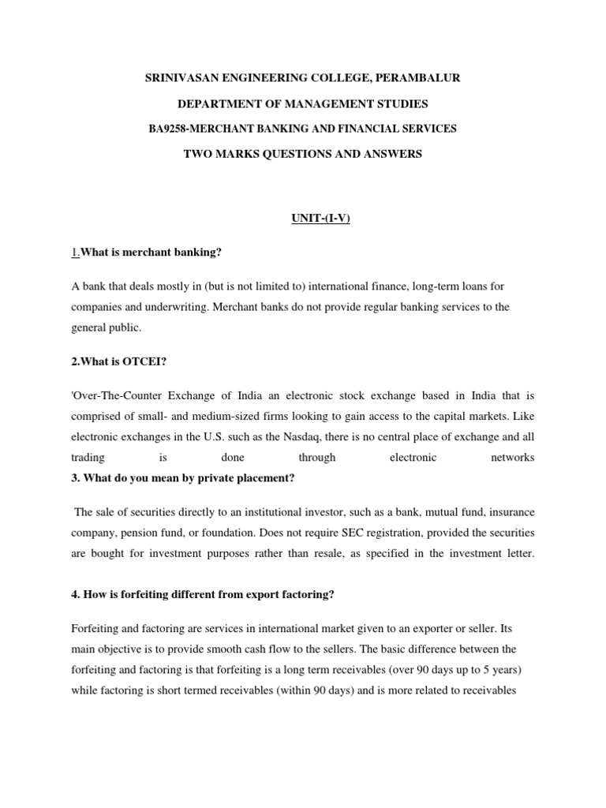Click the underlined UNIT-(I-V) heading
(x=303, y=218)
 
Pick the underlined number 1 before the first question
(x=74, y=252)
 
